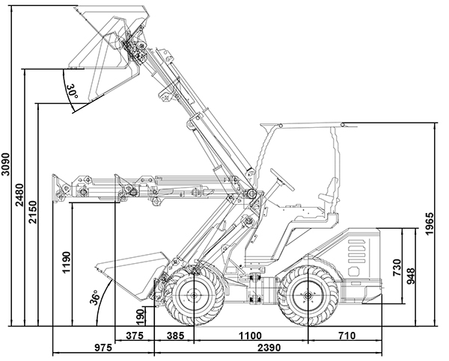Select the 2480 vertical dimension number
pyautogui.click(x=20, y=199)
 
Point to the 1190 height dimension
pyautogui.click(x=67, y=265)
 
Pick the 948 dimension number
pyautogui.click(x=410, y=278)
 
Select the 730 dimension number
pyautogui.click(x=397, y=267)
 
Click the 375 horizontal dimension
pyautogui.click(x=133, y=336)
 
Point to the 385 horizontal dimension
pyautogui.click(x=174, y=336)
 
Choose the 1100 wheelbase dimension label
pyautogui.click(x=250, y=336)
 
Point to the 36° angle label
pyautogui.click(x=95, y=297)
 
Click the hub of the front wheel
pyautogui.click(x=193, y=296)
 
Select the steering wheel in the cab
pyautogui.click(x=282, y=178)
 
